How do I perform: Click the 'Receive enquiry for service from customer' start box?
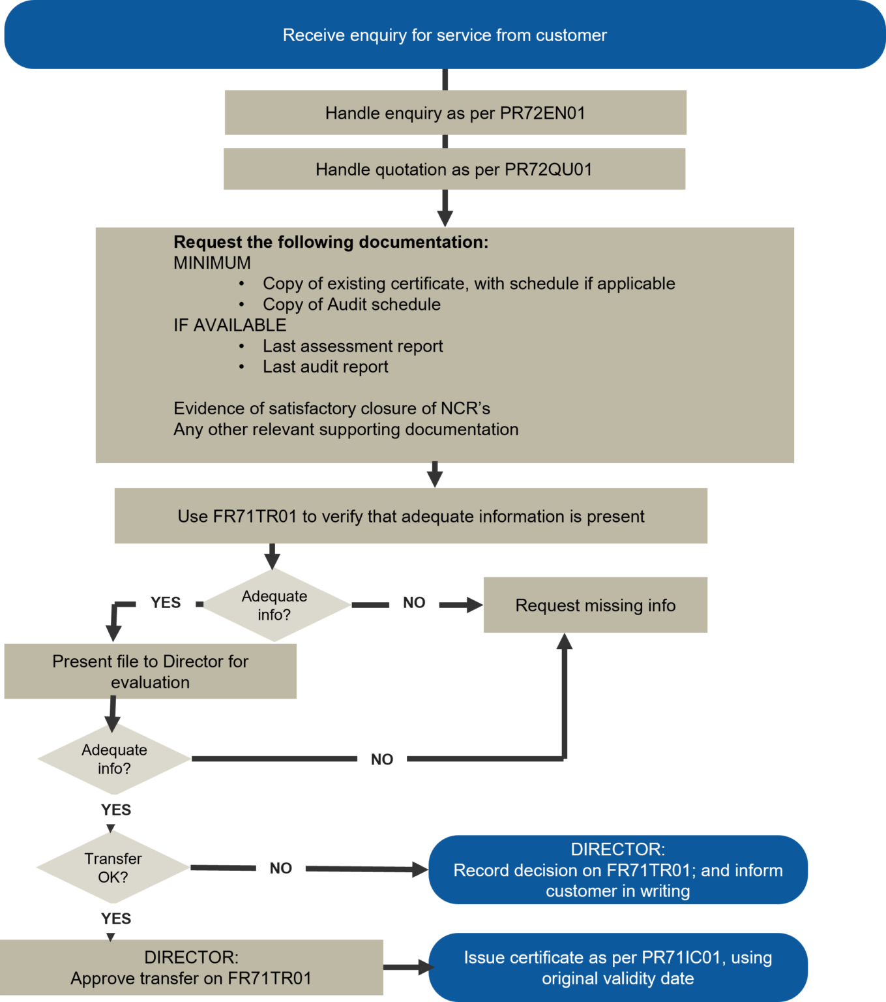[445, 35]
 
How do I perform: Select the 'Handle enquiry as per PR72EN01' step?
[455, 113]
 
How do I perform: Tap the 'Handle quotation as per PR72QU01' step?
[454, 170]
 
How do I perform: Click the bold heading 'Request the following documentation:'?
[331, 242]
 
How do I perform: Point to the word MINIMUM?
[212, 263]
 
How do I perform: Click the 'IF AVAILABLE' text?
[229, 325]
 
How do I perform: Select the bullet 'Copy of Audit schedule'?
[351, 305]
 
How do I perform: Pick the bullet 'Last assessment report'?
[353, 346]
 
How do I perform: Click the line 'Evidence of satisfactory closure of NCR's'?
[331, 408]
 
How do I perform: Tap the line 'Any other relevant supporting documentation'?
[346, 429]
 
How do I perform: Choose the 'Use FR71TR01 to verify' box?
[411, 516]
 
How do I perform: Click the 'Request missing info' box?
[595, 605]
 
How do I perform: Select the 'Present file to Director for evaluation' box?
[150, 672]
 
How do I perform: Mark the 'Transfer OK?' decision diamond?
[113, 868]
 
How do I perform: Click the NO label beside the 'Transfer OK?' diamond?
[280, 868]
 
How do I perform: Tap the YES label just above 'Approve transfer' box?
[116, 918]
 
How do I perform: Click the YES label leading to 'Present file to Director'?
[166, 602]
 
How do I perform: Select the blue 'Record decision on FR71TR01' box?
[617, 870]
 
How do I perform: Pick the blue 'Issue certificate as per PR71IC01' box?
[617, 967]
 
